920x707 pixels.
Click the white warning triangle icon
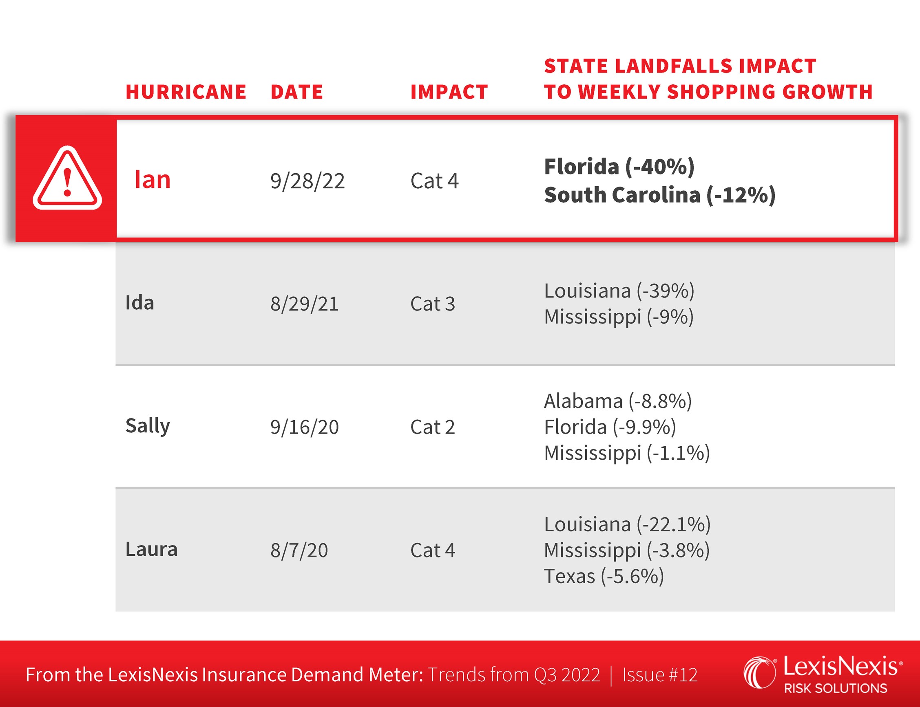click(67, 178)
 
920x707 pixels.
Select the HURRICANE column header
click(186, 92)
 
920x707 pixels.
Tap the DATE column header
click(296, 92)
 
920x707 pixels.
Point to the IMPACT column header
click(449, 92)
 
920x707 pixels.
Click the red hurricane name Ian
click(153, 180)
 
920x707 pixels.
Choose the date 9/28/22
click(307, 181)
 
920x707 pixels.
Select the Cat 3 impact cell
click(432, 304)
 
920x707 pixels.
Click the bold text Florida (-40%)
click(619, 167)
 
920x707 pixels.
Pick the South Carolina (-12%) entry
click(659, 195)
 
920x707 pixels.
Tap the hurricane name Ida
click(140, 303)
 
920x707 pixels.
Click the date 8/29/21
click(304, 304)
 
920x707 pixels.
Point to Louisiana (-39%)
click(619, 291)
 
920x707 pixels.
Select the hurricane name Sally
click(148, 426)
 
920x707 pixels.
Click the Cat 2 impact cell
click(432, 427)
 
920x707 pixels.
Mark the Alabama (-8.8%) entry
click(618, 401)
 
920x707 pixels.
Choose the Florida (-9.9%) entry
click(610, 427)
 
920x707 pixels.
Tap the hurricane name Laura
click(152, 549)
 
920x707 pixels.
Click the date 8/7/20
click(299, 551)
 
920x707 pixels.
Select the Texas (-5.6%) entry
click(604, 576)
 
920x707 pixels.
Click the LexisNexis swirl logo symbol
click(759, 672)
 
